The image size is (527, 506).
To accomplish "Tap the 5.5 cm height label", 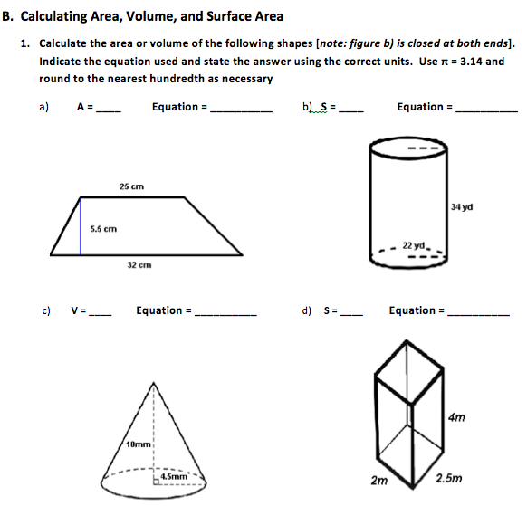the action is (x=102, y=228).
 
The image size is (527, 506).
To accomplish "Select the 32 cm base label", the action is (x=138, y=265).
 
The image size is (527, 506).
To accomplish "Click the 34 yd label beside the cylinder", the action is (x=461, y=207).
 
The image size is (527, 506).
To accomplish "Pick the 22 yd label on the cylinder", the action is (x=414, y=245).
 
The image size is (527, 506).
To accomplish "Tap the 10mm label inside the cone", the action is (x=139, y=443).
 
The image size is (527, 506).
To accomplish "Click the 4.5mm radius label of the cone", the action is (x=174, y=474).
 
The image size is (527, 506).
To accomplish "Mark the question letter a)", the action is (x=43, y=107).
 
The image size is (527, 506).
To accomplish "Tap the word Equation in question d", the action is (x=413, y=310).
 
